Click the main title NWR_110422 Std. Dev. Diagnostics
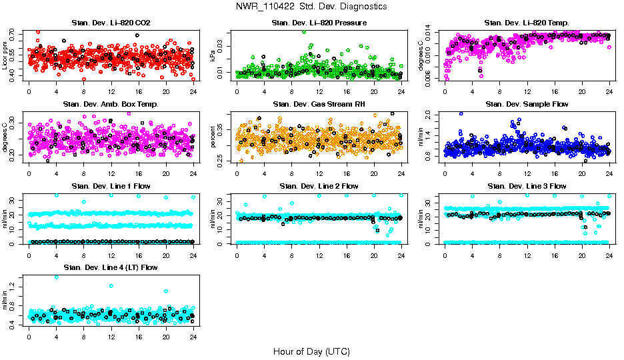coord(311,7)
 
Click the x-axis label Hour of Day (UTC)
coord(311,351)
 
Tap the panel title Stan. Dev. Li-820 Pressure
coord(319,23)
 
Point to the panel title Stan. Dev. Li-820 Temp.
coord(527,23)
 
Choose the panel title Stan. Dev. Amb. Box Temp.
coord(110,105)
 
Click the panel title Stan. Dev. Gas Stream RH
coord(319,105)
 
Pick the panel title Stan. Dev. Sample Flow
coord(527,105)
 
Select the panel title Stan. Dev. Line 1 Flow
coord(111,186)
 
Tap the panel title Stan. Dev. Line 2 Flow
coord(319,186)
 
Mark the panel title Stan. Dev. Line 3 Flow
coord(527,186)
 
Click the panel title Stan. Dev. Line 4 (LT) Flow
coord(110,267)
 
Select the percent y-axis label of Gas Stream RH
coord(213,137)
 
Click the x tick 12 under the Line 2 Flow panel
coord(319,255)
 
